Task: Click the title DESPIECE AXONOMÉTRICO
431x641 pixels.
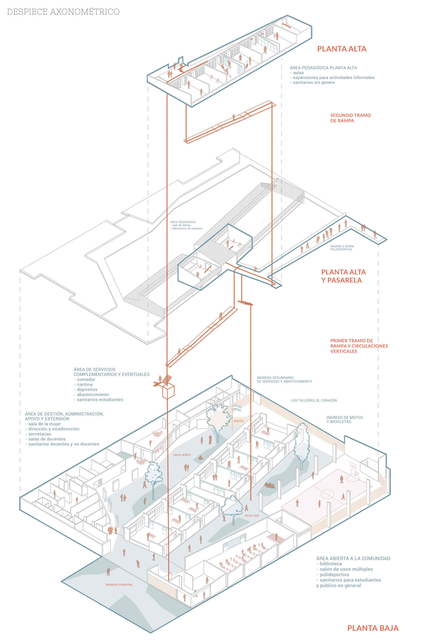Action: [x=63, y=12]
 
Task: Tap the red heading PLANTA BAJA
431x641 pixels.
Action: [x=373, y=628]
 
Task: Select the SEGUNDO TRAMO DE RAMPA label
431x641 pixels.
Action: [x=350, y=118]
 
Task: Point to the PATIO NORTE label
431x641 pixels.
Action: [x=182, y=455]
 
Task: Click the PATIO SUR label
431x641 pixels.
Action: [x=252, y=516]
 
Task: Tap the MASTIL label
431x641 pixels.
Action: [x=239, y=421]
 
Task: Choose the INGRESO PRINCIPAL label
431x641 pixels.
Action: [x=119, y=585]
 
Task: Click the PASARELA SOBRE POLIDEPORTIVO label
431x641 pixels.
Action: [x=342, y=248]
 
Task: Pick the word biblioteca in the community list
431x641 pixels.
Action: [x=331, y=564]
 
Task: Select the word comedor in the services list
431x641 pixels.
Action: [x=86, y=379]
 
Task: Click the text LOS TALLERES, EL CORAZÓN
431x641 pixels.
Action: [x=314, y=400]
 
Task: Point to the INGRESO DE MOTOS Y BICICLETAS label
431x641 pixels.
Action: [x=345, y=420]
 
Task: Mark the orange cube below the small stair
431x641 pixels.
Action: [x=168, y=391]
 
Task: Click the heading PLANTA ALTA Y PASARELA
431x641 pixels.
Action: [x=343, y=276]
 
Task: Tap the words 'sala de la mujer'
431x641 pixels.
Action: [x=45, y=424]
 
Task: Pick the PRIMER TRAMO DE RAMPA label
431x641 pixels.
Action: [x=359, y=346]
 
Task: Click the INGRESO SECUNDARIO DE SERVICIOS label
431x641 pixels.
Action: [x=284, y=379]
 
